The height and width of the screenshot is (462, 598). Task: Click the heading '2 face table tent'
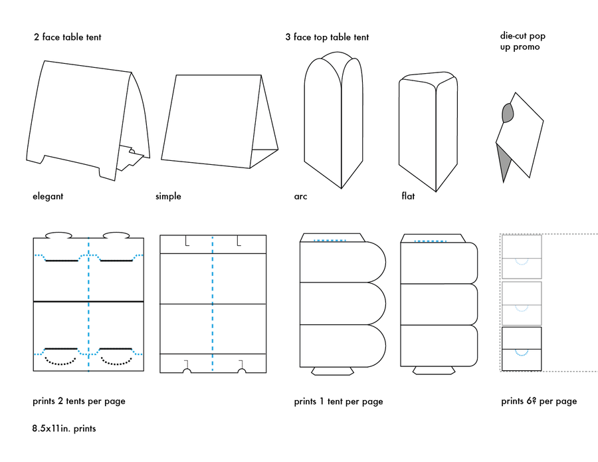click(67, 37)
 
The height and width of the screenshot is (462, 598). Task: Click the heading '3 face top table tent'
click(327, 37)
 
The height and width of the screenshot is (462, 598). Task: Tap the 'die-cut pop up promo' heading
click(522, 41)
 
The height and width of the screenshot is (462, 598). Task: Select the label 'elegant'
click(48, 196)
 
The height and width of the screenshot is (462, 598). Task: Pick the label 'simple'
click(168, 196)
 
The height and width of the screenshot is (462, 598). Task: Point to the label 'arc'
click(300, 196)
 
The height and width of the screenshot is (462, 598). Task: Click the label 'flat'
click(408, 196)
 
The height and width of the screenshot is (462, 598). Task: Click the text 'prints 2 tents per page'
click(78, 401)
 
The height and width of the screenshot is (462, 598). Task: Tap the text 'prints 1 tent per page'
click(338, 402)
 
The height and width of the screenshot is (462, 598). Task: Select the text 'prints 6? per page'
click(539, 401)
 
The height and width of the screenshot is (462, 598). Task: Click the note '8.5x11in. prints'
click(64, 429)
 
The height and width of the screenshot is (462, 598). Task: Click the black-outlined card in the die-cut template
click(522, 349)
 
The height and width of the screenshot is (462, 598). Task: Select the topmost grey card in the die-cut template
click(522, 257)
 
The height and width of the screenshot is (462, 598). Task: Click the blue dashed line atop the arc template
click(330, 241)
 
